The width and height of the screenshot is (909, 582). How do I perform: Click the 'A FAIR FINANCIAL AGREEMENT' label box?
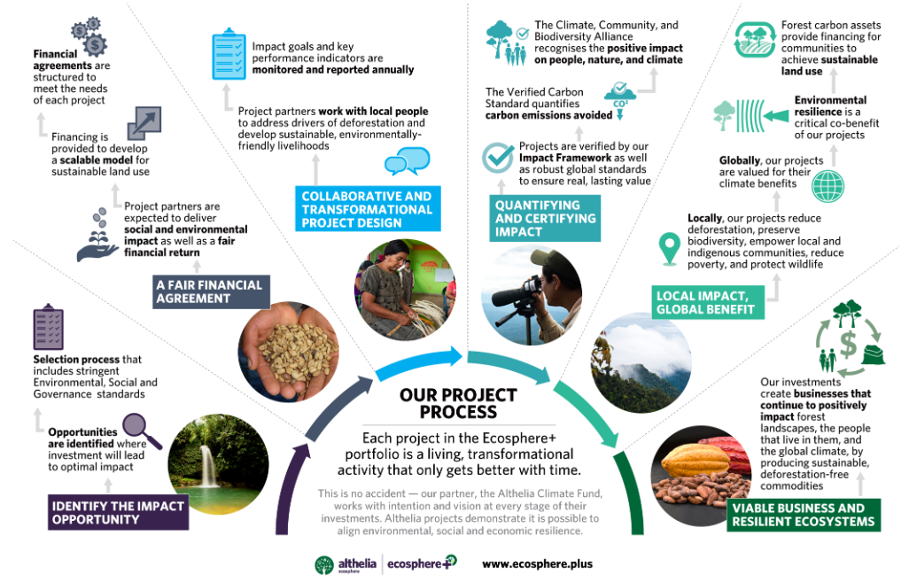tap(211, 291)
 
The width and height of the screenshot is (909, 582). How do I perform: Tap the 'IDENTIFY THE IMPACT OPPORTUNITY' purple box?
tap(118, 512)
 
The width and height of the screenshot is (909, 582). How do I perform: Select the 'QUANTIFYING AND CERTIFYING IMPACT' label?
tap(544, 218)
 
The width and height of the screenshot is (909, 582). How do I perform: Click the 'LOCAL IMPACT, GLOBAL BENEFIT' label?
tap(708, 303)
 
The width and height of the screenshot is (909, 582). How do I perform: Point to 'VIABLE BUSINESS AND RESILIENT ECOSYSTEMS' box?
tap(804, 515)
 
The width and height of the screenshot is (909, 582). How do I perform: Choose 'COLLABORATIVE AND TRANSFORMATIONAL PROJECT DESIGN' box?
tap(368, 209)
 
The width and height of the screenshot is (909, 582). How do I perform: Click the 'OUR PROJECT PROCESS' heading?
tap(458, 403)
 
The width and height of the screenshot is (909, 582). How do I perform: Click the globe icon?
tap(827, 186)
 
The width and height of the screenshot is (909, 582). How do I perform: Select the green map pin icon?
tap(670, 249)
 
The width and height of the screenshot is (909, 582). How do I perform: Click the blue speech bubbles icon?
tap(408, 161)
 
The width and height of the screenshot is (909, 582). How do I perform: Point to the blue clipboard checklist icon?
tap(229, 54)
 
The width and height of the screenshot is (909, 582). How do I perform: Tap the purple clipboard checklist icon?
tap(48, 326)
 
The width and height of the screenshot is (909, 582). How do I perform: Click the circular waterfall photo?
tap(218, 464)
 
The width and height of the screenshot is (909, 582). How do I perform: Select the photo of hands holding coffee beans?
tap(288, 352)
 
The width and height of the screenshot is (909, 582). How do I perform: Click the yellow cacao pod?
tap(695, 461)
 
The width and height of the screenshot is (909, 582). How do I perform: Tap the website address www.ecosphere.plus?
tap(538, 564)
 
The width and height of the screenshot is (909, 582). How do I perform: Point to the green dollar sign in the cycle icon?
tap(848, 344)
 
